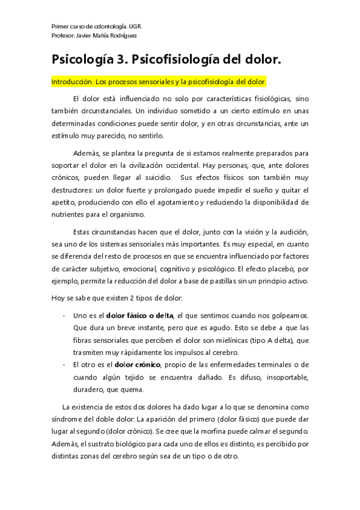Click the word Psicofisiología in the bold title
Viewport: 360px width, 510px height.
[182, 60]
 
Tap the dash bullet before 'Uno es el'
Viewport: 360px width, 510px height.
[64, 315]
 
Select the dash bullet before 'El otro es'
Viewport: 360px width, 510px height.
[64, 364]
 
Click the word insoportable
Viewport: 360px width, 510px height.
[277, 377]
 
